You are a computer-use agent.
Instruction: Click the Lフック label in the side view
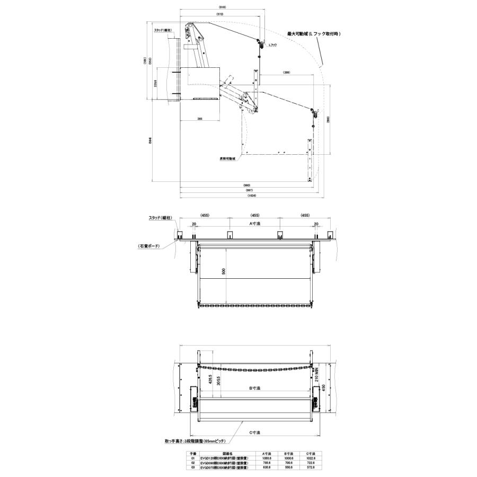(272, 45)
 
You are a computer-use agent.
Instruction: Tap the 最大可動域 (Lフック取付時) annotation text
(313, 34)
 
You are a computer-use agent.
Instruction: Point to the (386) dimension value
(286, 73)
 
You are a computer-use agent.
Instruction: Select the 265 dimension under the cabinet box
(199, 119)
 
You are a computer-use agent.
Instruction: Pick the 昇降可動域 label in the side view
(228, 158)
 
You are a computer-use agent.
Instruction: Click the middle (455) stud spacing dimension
(255, 216)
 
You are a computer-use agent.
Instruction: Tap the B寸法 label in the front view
(255, 388)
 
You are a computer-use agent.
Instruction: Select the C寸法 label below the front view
(255, 432)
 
